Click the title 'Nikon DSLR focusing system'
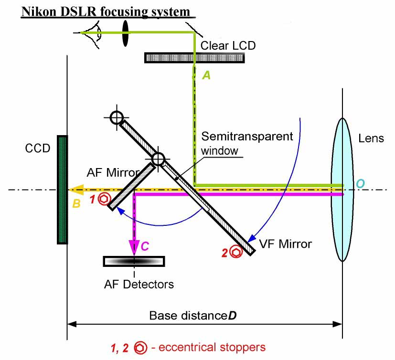104,11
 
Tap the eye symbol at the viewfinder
95,33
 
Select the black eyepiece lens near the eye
125,33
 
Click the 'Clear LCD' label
228,46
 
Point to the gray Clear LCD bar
194,57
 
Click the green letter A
206,75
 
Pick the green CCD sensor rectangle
62,190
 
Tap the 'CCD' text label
37,148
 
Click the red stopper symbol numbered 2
235,252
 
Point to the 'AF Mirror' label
113,172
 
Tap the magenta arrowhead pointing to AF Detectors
135,247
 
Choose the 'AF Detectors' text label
139,285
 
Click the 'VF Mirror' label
285,244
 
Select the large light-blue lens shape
342,189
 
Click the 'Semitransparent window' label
247,142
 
